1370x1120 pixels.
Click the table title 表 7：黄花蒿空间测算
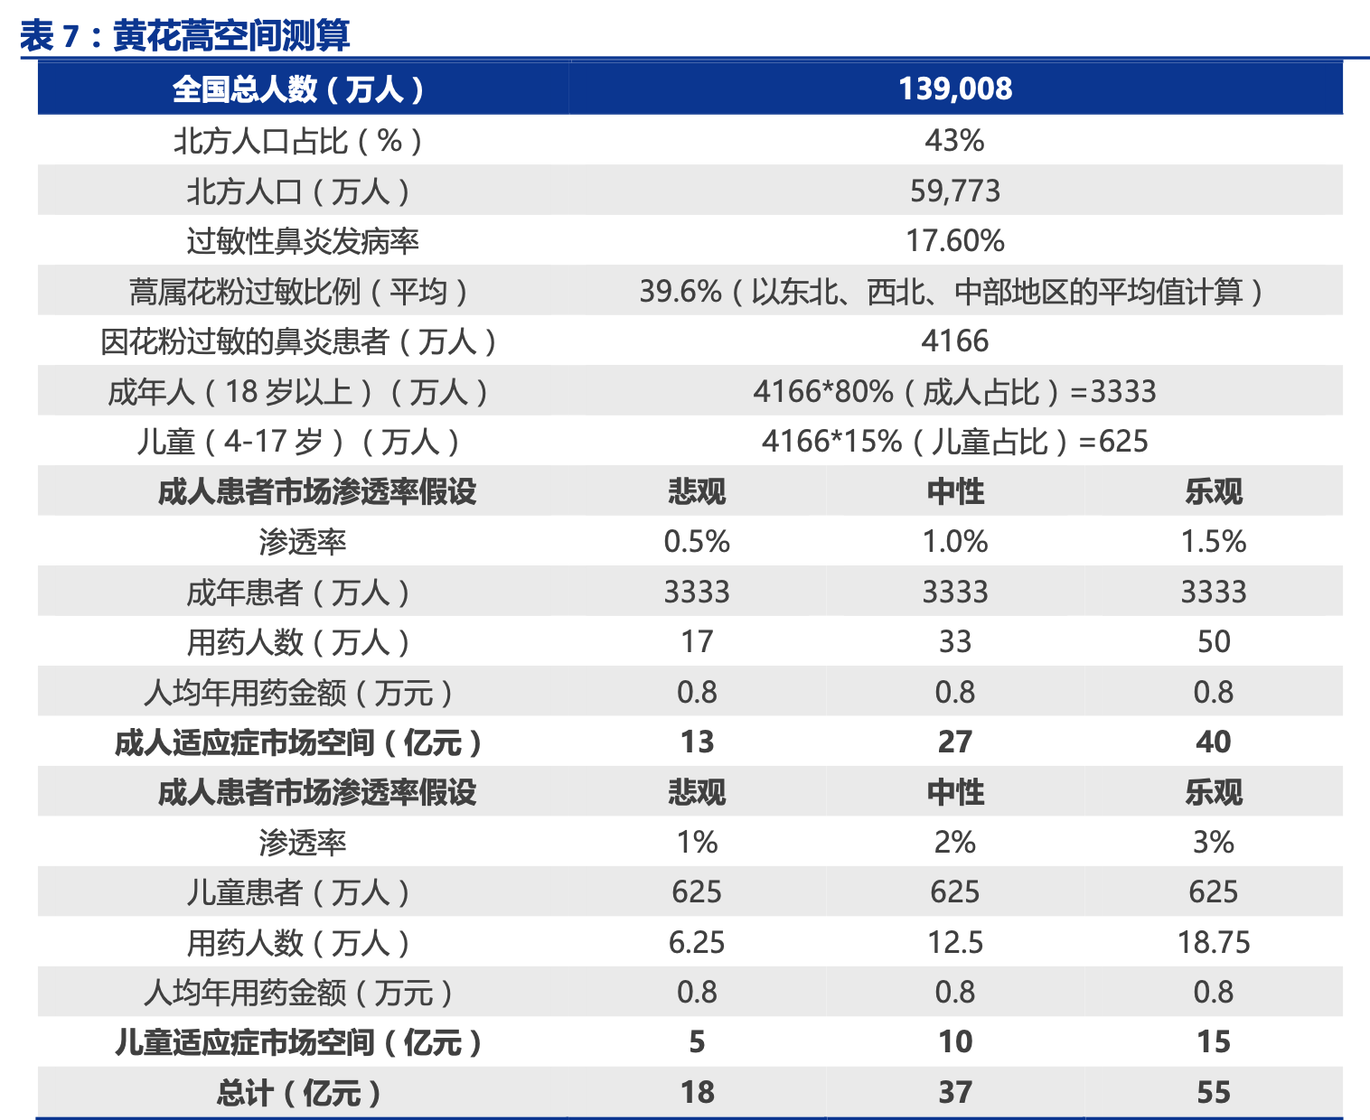185,35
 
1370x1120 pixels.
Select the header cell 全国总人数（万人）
298,89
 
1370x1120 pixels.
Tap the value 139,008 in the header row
955,89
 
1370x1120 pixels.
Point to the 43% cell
955,140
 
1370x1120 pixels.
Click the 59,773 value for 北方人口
955,191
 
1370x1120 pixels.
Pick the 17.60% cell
955,240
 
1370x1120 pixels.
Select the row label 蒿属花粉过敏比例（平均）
298,291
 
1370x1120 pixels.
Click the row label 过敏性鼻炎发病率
303,241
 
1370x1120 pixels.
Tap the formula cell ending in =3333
955,391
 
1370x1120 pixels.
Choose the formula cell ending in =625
955,441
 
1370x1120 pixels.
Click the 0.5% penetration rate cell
697,541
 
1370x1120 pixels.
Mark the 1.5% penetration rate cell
1214,541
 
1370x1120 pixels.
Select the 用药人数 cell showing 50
1214,641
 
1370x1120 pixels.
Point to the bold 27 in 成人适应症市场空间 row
955,742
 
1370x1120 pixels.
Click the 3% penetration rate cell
1214,842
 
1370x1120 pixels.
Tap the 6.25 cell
697,942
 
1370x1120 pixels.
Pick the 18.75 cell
1214,942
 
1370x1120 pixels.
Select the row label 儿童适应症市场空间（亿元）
298,1042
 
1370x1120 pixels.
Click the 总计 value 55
1214,1092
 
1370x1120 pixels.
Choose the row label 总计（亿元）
298,1093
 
